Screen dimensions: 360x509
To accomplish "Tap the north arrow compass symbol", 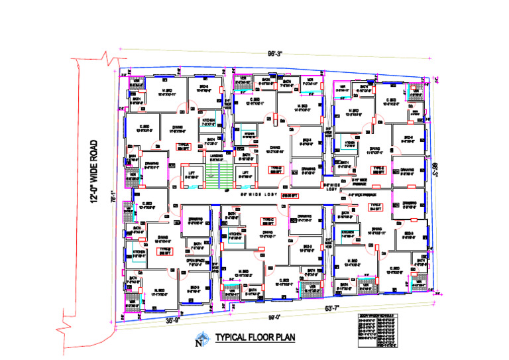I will point(198,341).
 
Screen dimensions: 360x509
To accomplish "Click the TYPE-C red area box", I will point(268,221).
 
